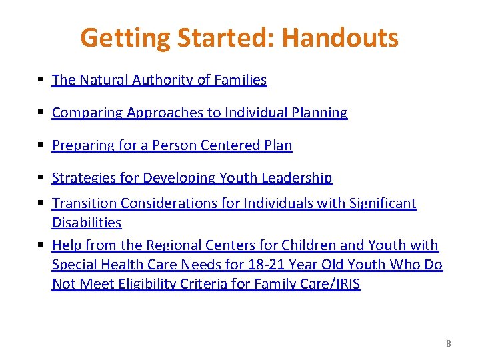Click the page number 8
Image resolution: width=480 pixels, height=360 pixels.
tap(448, 343)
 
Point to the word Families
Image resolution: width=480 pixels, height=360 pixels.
tap(240, 80)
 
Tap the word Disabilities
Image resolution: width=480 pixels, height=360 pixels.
tap(87, 223)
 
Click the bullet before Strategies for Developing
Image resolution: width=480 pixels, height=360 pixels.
tap(41, 178)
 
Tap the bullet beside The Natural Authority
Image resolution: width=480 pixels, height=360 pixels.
tap(41, 80)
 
